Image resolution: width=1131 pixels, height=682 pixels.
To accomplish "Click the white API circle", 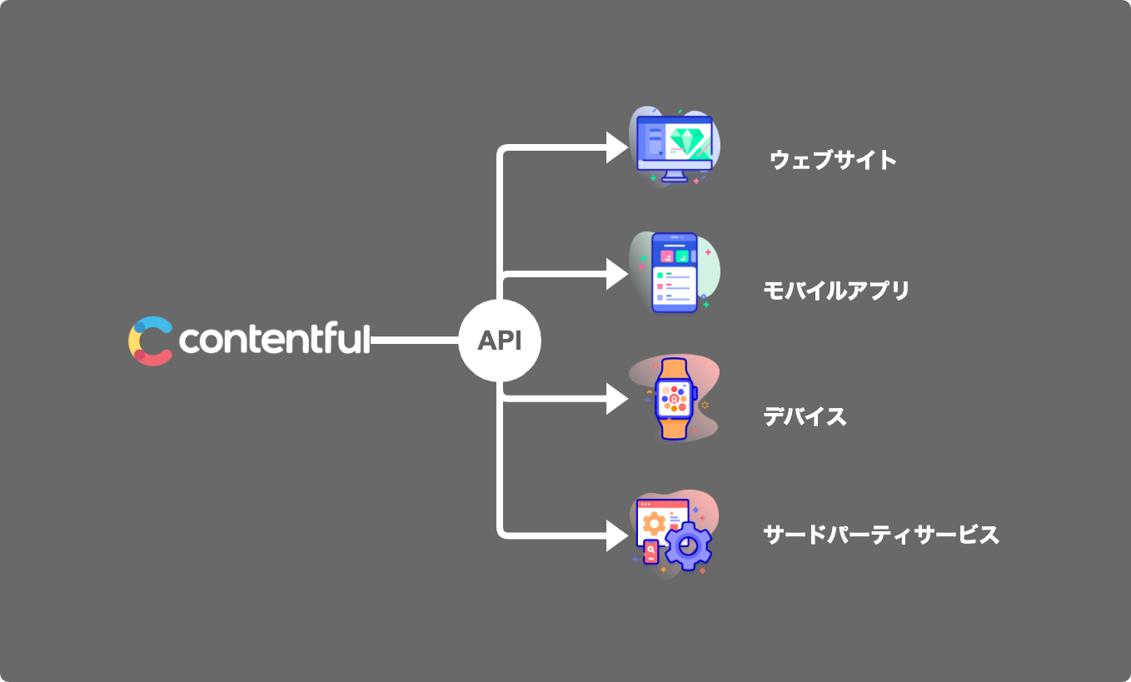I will coord(500,341).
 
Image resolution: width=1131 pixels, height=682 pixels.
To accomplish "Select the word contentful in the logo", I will coord(274,340).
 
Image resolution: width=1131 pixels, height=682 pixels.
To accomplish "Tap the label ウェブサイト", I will coord(834,159).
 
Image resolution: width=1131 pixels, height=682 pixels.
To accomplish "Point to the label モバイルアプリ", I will coord(836,291).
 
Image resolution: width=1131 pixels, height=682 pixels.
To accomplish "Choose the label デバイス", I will coord(805,416).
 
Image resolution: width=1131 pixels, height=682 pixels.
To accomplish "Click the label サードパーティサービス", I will coord(880,535).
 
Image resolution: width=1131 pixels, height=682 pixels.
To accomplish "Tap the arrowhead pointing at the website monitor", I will coord(617,148).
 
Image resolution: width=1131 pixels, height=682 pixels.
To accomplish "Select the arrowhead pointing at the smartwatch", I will coord(617,399).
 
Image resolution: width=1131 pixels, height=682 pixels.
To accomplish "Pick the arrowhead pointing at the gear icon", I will coord(617,535).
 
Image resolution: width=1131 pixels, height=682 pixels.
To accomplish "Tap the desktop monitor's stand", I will coord(675,176).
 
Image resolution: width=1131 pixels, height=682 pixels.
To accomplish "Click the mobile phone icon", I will coord(675,273).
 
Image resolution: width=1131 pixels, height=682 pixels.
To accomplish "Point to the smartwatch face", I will coord(674,399).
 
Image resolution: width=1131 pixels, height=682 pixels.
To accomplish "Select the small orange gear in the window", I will coord(655,523).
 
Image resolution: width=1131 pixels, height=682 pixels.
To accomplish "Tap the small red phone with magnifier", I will coord(650,551).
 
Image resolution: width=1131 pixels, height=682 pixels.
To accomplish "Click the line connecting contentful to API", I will coord(414,341).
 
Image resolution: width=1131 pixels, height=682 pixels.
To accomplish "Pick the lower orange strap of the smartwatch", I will coord(675,428).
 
